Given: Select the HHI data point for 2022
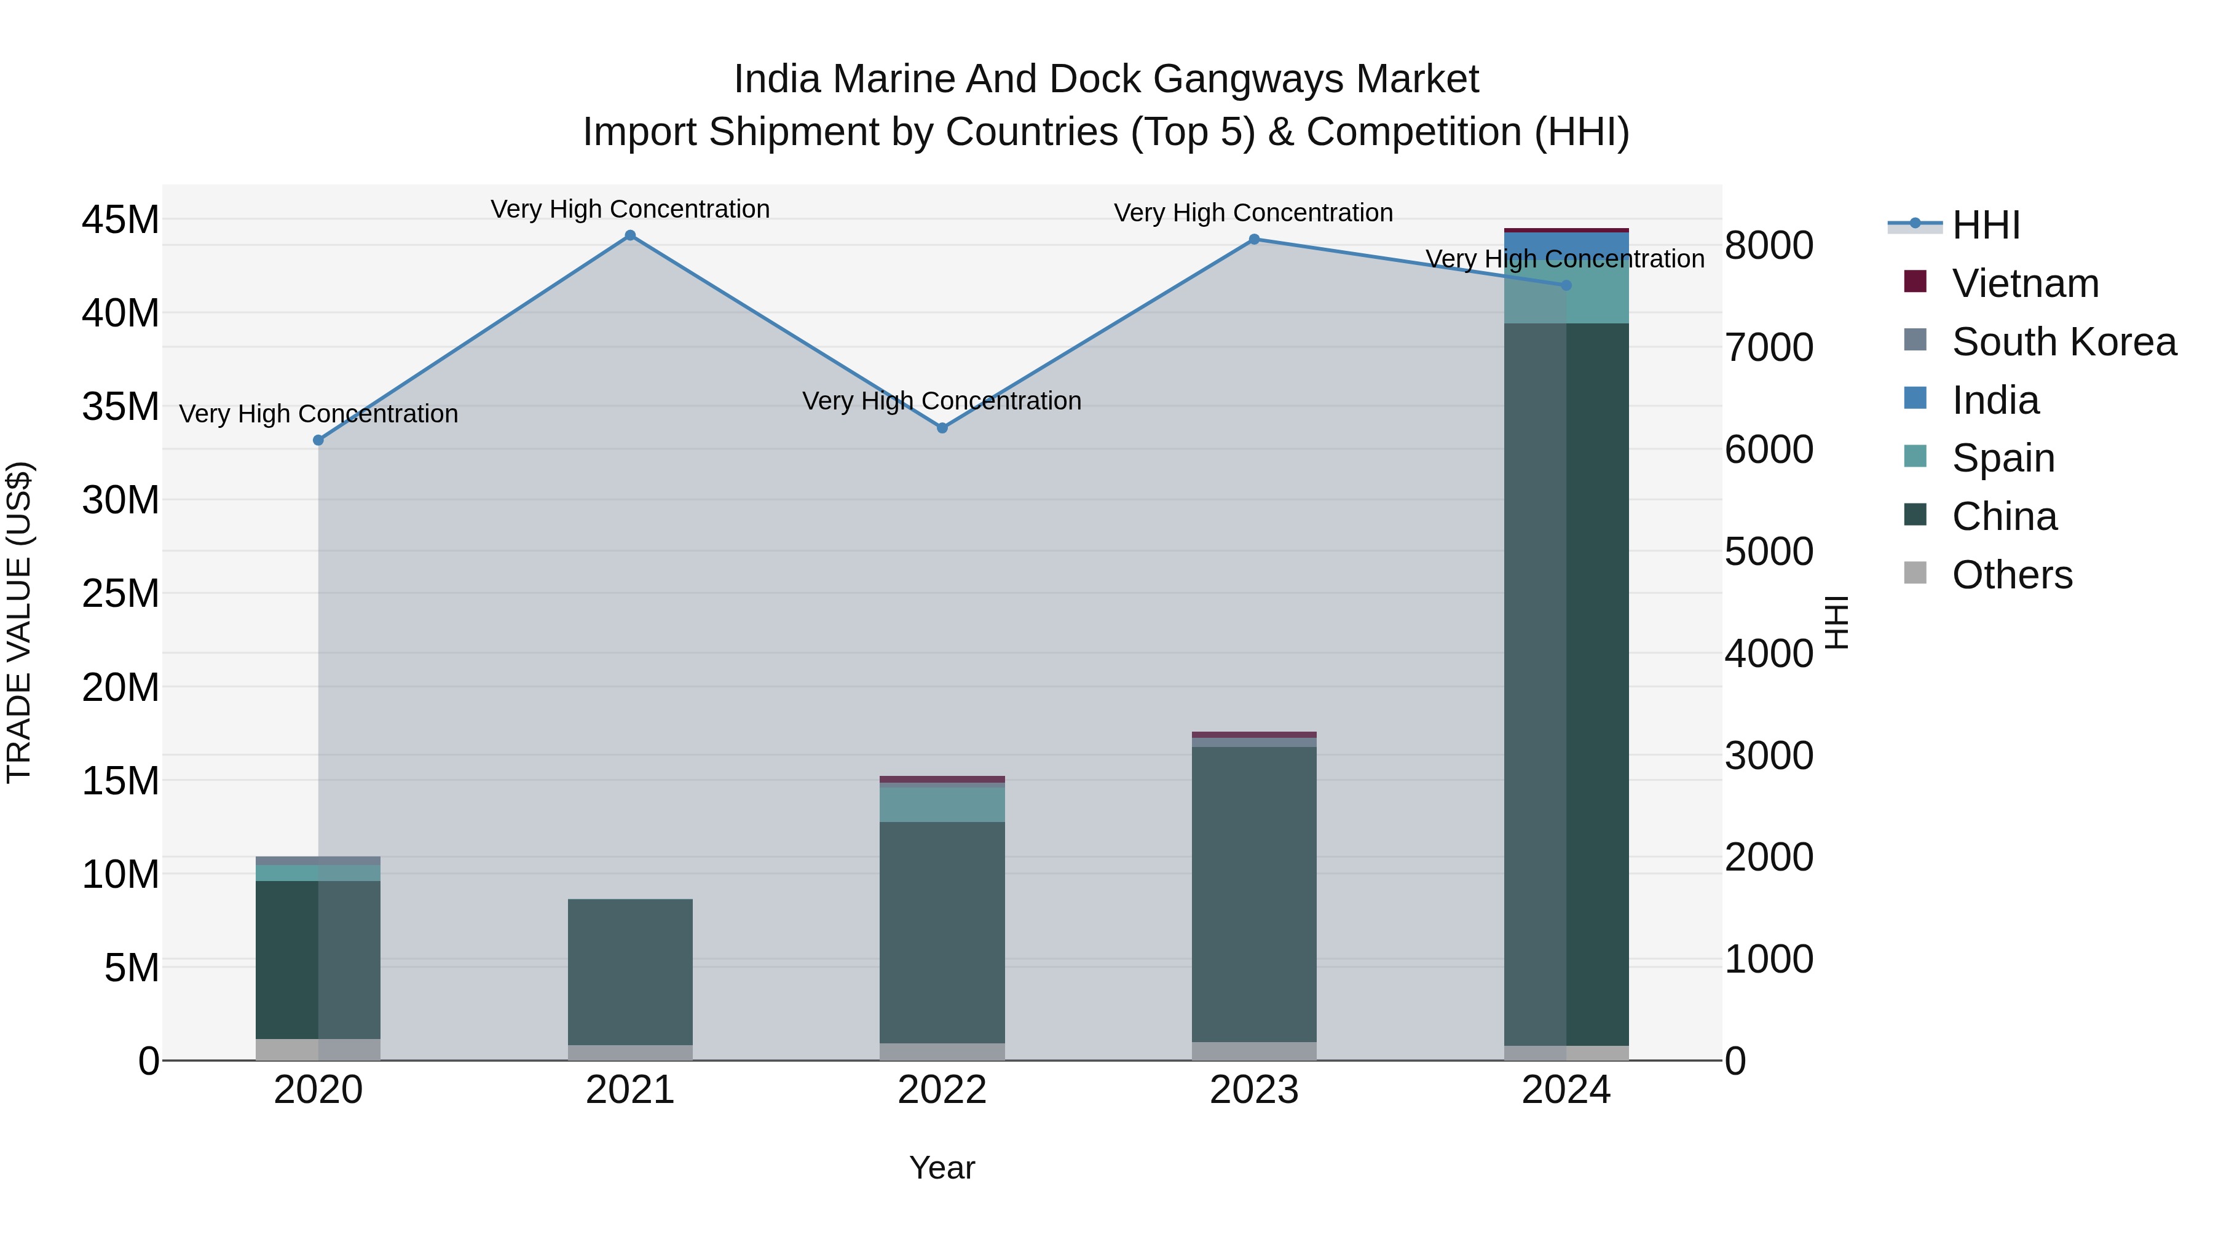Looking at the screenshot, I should pos(942,428).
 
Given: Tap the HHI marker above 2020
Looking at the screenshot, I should pos(318,440).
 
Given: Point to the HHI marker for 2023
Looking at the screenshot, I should pos(1253,240).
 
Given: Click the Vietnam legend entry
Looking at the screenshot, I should pos(2024,283).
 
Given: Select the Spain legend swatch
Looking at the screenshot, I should pos(1915,457).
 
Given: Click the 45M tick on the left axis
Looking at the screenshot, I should pos(120,220).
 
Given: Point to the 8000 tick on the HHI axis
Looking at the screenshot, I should pos(1769,246).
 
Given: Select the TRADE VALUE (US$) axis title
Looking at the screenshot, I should pos(19,622).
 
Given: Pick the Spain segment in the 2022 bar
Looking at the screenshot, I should pos(942,805).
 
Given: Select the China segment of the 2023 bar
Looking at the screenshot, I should pos(1253,893).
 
